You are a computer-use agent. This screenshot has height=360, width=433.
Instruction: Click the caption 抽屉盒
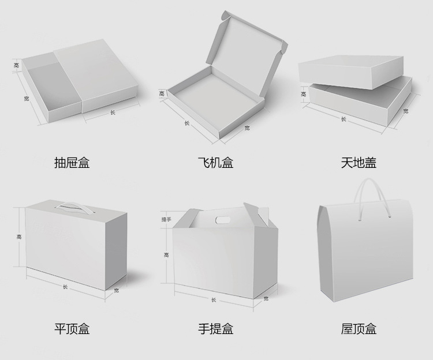pos(72,163)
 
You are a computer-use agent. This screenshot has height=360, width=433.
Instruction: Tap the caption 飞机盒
pos(215,163)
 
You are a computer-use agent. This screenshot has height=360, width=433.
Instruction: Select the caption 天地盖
pos(359,163)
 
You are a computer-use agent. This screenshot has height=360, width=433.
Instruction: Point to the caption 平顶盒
pos(72,329)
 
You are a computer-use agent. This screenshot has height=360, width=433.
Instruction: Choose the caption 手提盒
pos(215,329)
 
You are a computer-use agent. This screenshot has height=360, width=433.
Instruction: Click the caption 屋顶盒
pos(359,329)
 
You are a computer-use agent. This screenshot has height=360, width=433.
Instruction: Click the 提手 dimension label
pos(166,219)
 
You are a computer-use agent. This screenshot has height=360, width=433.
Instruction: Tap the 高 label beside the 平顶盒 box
pos(19,237)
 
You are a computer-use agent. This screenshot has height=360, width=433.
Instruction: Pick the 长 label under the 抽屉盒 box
pos(112,113)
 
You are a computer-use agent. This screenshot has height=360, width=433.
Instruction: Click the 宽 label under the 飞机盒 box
pos(247,127)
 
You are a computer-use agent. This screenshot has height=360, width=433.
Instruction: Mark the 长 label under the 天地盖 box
pos(344,119)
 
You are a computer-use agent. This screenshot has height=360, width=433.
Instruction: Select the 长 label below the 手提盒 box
pos(214,299)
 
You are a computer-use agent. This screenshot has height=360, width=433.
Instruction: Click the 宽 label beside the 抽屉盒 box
pos(27,99)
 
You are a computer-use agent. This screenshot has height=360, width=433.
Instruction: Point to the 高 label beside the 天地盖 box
pos(303,94)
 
